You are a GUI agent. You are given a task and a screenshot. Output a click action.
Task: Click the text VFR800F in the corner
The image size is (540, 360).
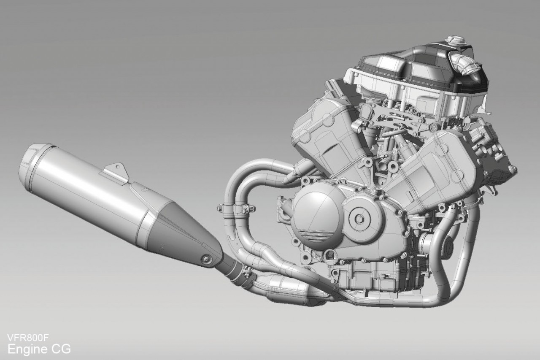[x=28, y=338]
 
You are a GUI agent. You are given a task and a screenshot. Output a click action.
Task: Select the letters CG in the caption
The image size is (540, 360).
[x=62, y=349]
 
